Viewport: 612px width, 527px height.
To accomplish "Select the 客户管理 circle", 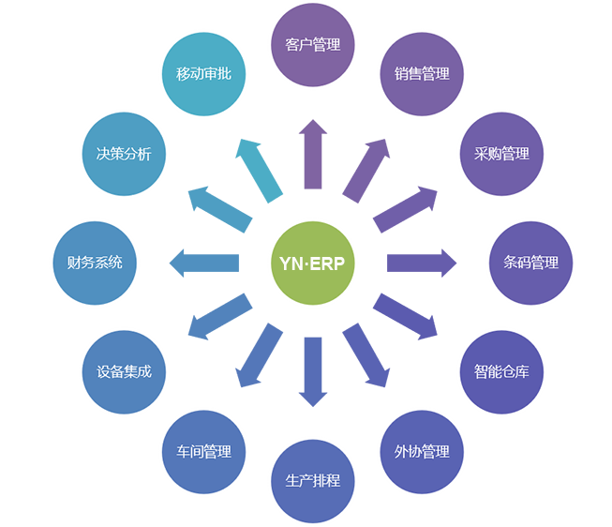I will coord(312,44).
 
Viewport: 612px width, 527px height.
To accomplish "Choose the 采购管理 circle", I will coord(501,154).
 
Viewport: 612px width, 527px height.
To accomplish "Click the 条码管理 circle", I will coord(530,263).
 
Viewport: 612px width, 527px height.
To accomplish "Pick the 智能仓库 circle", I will coord(501,371).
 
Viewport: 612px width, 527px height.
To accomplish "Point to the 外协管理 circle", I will coord(422,451).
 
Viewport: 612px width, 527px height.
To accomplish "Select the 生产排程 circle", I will coord(312,481).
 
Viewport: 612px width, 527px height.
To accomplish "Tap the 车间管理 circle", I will coord(203,451).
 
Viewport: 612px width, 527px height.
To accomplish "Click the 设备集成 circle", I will coord(124,371).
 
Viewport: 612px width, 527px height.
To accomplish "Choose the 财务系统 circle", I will coord(94,263).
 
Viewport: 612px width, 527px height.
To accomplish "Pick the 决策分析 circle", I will coord(124,154).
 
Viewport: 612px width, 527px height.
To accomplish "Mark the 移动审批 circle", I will coord(203,74).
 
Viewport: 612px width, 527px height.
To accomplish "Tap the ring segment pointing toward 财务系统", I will coord(199,263).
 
